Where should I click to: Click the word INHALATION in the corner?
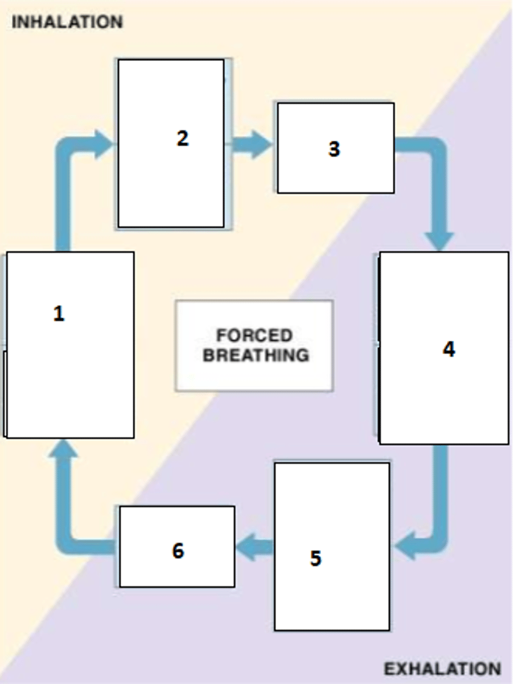coord(67,22)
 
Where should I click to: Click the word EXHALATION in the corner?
coord(442,668)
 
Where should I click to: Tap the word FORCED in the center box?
coord(254,335)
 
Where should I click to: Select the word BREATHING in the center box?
coord(256,355)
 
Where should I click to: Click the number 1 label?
coord(59,313)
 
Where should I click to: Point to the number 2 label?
coord(182,139)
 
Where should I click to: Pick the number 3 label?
coord(334,149)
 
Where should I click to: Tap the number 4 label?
coord(449,349)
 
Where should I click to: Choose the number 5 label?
coord(315,558)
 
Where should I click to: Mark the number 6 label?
coord(178,551)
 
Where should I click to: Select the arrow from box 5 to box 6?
coord(254,548)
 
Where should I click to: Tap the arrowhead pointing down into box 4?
coord(439,241)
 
